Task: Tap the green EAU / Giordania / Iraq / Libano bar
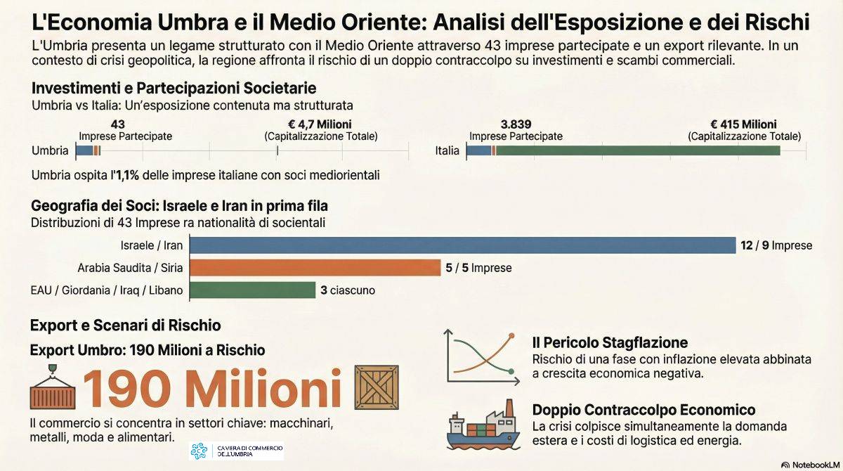click(252, 290)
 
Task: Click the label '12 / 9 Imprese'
click(776, 246)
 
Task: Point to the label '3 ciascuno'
click(348, 290)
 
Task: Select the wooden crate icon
click(376, 387)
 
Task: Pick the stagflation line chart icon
click(482, 356)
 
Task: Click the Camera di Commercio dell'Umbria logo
click(237, 451)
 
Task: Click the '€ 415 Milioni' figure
click(744, 124)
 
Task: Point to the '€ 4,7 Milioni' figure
click(320, 124)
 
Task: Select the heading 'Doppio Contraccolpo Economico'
click(643, 410)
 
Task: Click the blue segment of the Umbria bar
click(84, 150)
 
